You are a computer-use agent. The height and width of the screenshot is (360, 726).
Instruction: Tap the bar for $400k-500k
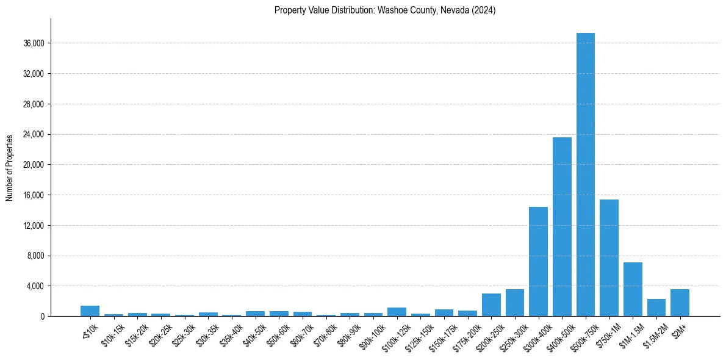[562, 226]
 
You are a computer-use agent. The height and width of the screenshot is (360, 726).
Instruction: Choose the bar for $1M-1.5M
[633, 289]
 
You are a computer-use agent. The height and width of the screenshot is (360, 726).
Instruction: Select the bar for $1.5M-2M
[656, 308]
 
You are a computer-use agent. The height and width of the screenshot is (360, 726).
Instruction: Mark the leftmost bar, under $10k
[90, 311]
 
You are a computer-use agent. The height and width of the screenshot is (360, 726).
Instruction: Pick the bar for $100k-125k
[397, 312]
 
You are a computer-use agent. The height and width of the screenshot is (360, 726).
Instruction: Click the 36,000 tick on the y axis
[33, 43]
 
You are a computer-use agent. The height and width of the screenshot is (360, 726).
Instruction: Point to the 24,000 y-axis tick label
[33, 134]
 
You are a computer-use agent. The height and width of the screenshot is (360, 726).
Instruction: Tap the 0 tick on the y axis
[43, 316]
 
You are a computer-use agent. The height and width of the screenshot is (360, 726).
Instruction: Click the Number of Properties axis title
[10, 167]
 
